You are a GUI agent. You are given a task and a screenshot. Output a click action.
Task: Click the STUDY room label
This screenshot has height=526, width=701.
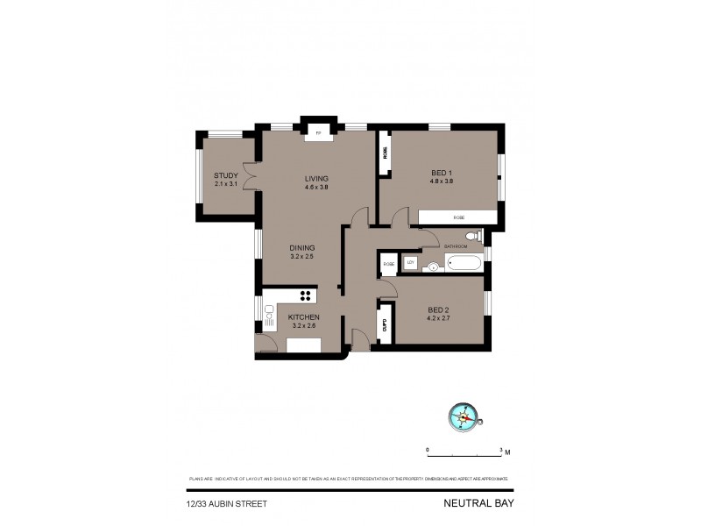coord(226,175)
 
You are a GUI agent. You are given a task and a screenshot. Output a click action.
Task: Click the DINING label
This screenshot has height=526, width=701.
coord(302,248)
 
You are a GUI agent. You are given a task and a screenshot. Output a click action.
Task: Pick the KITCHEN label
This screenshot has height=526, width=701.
coord(304,316)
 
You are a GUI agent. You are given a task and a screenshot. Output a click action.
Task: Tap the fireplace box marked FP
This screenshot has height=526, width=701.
coord(318,133)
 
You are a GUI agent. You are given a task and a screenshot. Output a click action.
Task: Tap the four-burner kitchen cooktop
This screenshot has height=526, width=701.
coord(306,295)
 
